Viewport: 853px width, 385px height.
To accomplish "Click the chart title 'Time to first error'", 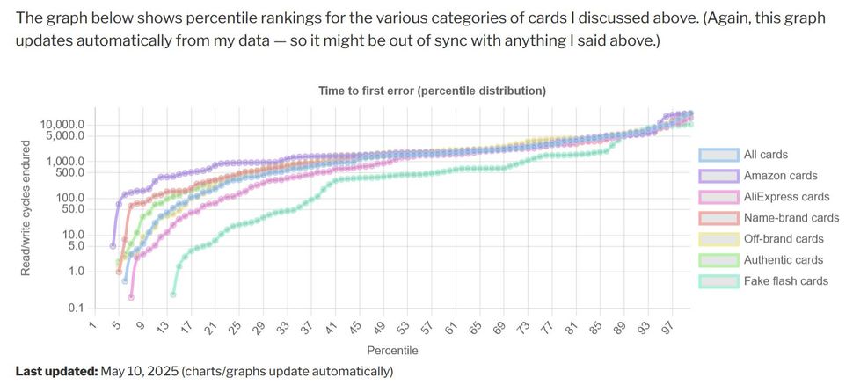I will pyautogui.click(x=432, y=91).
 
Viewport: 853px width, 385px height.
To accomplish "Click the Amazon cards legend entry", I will pyautogui.click(x=780, y=176).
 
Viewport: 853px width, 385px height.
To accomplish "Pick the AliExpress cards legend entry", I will pyautogui.click(x=786, y=197).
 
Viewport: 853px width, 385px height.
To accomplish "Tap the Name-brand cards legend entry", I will pyautogui.click(x=791, y=218).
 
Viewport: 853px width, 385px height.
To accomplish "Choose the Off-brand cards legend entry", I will pyautogui.click(x=784, y=239).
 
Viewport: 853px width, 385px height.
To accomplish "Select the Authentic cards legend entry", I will pyautogui.click(x=784, y=260).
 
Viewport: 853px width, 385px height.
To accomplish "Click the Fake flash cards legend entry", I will pyautogui.click(x=785, y=281).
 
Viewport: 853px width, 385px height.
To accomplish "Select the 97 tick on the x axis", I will pyautogui.click(x=671, y=327).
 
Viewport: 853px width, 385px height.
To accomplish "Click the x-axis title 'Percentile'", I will pyautogui.click(x=393, y=351).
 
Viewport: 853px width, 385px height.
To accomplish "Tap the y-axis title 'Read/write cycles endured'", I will pyautogui.click(x=26, y=208).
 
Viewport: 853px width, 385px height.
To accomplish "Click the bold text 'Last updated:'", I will pyautogui.click(x=56, y=372).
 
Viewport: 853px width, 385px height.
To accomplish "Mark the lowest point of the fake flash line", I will pyautogui.click(x=173, y=294).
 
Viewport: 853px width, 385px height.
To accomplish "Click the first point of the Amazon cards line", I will pyautogui.click(x=113, y=246).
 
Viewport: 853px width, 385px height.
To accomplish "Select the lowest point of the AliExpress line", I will pyautogui.click(x=131, y=297).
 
